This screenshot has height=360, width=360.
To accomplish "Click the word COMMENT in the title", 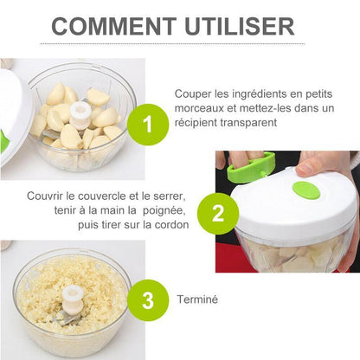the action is pyautogui.click(x=113, y=26).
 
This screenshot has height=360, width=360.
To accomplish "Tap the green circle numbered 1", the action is pyautogui.click(x=148, y=125).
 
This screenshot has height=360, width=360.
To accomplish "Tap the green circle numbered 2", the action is pyautogui.click(x=218, y=214).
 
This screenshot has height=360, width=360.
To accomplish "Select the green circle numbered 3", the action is pyautogui.click(x=148, y=300).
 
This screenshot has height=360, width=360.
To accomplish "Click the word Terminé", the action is pyautogui.click(x=197, y=299).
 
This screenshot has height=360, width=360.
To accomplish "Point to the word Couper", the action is pyautogui.click(x=193, y=94).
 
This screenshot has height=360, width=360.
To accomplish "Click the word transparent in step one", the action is pyautogui.click(x=248, y=123).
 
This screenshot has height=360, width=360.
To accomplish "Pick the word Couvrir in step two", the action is pyautogui.click(x=45, y=196).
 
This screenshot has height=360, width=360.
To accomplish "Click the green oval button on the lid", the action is pyautogui.click(x=306, y=190).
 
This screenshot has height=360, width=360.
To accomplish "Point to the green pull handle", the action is pyautogui.click(x=251, y=168).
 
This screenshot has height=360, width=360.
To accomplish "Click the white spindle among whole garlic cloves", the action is pyautogui.click(x=79, y=116).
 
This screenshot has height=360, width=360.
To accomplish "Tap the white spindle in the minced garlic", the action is pyautogui.click(x=73, y=299).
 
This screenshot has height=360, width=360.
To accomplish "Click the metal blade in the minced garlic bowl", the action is pyautogui.click(x=67, y=319).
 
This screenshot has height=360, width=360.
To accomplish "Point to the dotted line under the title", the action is pyautogui.click(x=172, y=44).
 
